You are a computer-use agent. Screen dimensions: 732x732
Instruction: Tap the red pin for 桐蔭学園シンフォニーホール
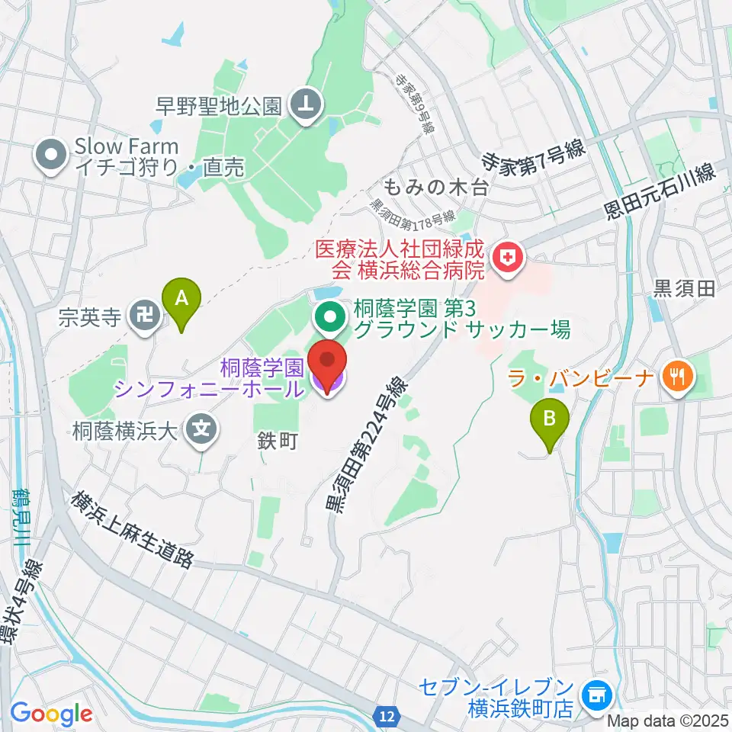click(329, 368)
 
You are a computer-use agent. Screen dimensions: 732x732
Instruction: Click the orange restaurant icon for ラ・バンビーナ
click(676, 374)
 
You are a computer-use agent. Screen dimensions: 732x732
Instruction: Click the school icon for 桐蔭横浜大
click(202, 430)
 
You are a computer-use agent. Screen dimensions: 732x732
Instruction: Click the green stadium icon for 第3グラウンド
click(329, 318)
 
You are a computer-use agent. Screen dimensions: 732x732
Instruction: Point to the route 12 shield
click(388, 716)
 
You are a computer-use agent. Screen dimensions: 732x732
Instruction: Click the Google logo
click(51, 714)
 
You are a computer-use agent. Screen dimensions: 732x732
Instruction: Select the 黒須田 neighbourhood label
click(685, 287)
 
